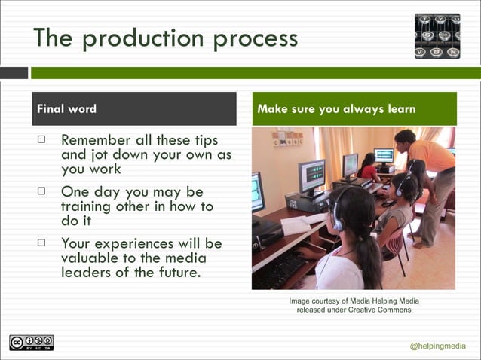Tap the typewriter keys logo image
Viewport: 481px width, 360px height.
(437, 36)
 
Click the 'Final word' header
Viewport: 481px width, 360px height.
(67, 108)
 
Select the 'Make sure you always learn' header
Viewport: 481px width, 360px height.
(336, 108)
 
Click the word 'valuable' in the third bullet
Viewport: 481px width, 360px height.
(93, 258)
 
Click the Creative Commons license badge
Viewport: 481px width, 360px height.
(31, 343)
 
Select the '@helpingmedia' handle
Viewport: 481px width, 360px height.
(438, 346)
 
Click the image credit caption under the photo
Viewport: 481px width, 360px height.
(354, 305)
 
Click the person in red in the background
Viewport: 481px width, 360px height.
(369, 170)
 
